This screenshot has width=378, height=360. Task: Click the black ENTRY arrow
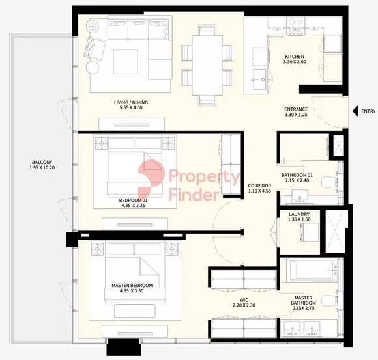click(x=355, y=111)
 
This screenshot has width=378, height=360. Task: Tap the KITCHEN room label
click(x=295, y=57)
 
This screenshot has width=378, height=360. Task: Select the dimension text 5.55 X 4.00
click(x=131, y=107)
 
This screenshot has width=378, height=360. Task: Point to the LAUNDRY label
click(x=299, y=214)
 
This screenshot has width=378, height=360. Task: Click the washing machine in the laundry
click(x=309, y=232)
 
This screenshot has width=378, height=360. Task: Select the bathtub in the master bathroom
click(x=313, y=270)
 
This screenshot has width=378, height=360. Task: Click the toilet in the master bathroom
click(x=329, y=301)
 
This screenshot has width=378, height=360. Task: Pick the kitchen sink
click(x=259, y=79)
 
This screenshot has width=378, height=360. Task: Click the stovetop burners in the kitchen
click(x=295, y=25)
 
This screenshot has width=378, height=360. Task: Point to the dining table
click(x=207, y=65)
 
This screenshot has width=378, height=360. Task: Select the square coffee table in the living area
click(x=126, y=62)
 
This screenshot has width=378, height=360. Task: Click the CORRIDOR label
click(x=259, y=186)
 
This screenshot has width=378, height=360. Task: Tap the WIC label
click(x=244, y=300)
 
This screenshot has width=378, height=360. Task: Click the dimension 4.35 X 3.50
click(x=132, y=290)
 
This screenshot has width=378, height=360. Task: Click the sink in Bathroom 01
click(x=300, y=197)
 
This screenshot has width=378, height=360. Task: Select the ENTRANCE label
click(x=296, y=109)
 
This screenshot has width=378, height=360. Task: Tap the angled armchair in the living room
click(x=95, y=49)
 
